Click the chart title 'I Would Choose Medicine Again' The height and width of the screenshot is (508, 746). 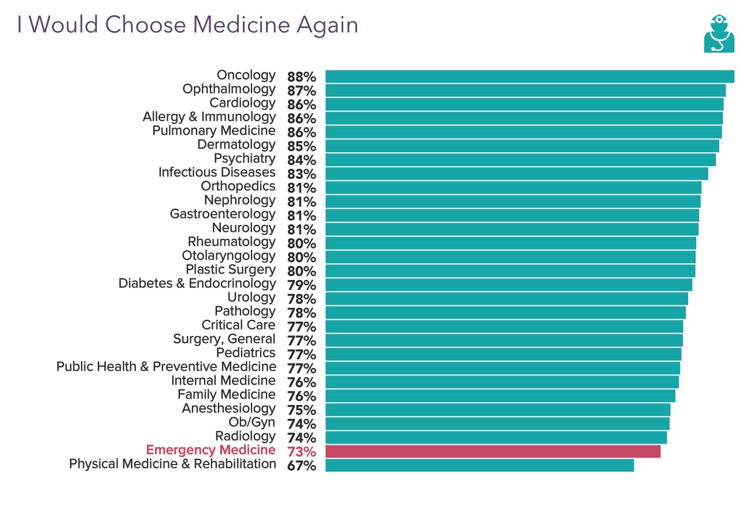(187, 25)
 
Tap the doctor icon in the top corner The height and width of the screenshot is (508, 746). (719, 34)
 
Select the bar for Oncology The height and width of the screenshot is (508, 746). (529, 76)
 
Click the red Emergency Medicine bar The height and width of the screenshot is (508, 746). (493, 451)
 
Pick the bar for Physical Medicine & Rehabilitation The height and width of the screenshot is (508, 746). (479, 465)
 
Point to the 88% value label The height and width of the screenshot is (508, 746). (301, 77)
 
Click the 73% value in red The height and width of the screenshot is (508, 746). (301, 452)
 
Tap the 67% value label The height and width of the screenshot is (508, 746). (301, 466)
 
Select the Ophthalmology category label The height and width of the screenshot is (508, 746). (229, 89)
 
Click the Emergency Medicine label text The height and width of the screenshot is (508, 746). (210, 450)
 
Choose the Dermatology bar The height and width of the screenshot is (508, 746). (522, 146)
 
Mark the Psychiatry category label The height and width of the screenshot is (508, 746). (245, 159)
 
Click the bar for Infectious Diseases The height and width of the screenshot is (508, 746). (516, 174)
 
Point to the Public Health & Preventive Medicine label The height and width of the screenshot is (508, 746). (166, 367)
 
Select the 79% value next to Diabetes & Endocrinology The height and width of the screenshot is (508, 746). (301, 285)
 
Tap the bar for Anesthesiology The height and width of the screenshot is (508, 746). (497, 410)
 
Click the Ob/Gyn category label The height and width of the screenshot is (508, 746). (252, 422)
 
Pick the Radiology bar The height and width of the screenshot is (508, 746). (496, 437)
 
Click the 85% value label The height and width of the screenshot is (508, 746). (301, 146)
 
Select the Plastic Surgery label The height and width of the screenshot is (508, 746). (231, 270)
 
